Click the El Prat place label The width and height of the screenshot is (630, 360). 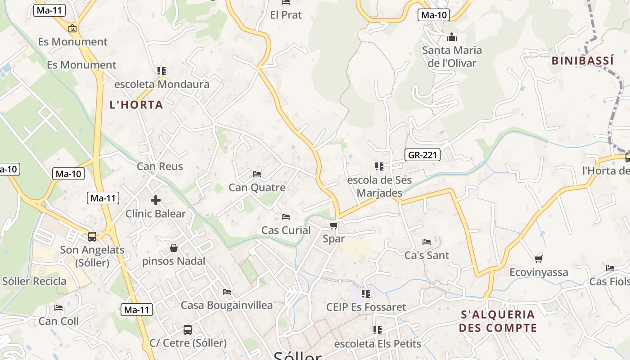click(286, 15)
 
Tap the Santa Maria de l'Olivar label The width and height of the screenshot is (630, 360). click(452, 56)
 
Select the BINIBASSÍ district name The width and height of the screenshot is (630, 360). click(583, 61)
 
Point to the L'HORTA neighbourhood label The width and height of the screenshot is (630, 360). click(136, 105)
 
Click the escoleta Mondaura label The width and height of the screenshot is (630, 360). click(162, 84)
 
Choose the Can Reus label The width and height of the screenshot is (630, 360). click(160, 166)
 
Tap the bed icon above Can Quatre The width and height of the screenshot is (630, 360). click(257, 174)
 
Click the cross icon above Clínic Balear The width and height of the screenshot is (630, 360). click(156, 200)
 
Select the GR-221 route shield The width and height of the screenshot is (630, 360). click(422, 155)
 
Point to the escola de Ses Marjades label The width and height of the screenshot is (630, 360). click(379, 186)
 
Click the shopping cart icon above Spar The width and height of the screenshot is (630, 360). click(333, 225)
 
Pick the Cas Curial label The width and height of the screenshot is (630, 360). click(286, 230)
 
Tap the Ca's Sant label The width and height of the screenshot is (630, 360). click(427, 256)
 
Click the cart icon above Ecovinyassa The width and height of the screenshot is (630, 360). click(538, 259)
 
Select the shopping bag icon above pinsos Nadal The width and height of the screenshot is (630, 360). click(174, 248)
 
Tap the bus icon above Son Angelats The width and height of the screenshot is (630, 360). click(92, 236)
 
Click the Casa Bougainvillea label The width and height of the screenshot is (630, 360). click(227, 305)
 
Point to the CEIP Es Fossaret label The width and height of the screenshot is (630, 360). click(366, 307)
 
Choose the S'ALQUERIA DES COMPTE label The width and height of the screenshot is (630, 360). click(498, 321)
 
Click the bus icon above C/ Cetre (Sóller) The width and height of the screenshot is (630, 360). click(188, 330)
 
